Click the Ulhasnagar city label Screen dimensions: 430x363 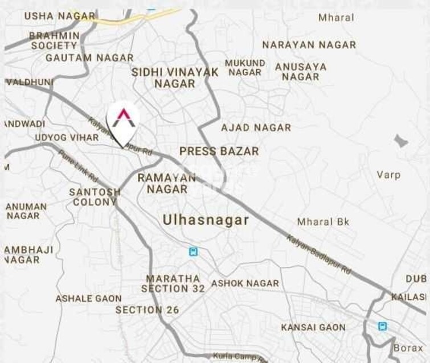coord(206,220)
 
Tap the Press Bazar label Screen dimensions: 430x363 coord(219,151)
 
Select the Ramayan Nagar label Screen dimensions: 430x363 coord(166,183)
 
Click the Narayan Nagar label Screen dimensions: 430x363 coord(309,44)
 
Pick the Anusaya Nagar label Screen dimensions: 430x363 coord(301,72)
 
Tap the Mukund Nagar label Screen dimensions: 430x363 coord(245,68)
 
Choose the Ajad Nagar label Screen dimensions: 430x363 coord(256,127)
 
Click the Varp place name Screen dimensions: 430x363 coord(388,175)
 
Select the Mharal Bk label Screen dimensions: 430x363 coord(323,222)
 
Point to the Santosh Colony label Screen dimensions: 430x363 coord(95,197)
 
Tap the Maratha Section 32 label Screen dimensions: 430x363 coord(173,283)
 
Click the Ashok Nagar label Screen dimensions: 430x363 coord(245,283)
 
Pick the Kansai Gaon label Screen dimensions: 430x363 coord(313,327)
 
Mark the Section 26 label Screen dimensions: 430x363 coord(147,310)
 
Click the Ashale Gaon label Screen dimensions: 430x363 coord(88,298)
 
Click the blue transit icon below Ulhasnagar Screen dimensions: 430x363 coord(193,251)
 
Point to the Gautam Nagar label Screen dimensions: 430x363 coord(89,57)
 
